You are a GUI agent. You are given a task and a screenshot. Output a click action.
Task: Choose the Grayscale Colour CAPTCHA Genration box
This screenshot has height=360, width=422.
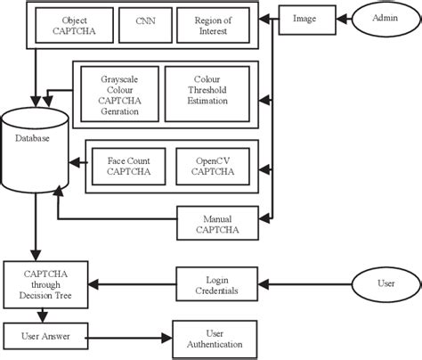[118, 94]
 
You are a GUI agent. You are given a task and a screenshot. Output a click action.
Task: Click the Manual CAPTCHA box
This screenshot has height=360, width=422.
[219, 222]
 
